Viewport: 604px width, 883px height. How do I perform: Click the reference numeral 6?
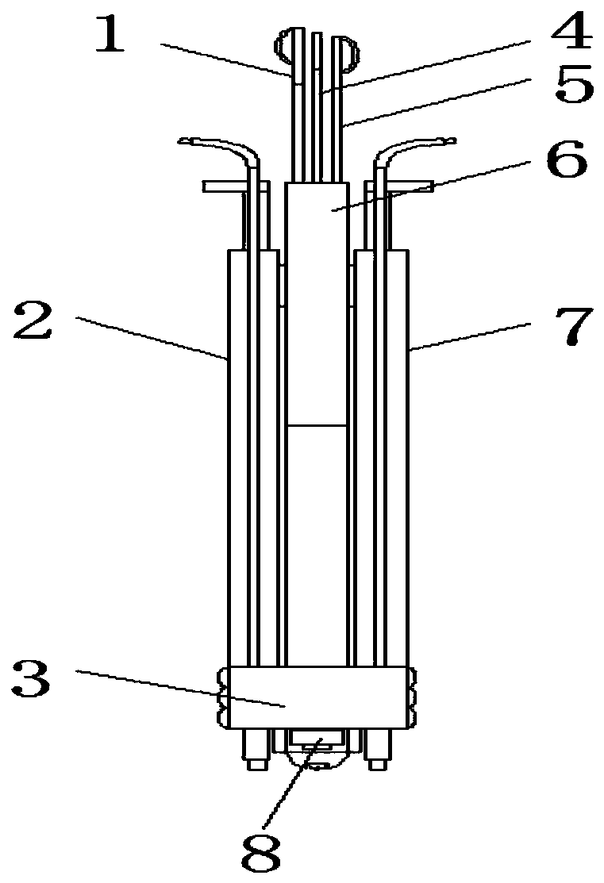coord(566,162)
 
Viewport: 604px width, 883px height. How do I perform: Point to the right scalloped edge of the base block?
coord(413,697)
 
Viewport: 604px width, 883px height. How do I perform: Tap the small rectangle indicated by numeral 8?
coord(317,739)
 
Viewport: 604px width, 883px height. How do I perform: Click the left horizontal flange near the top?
coord(224,187)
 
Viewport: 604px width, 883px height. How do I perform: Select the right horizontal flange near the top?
coord(410,187)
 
